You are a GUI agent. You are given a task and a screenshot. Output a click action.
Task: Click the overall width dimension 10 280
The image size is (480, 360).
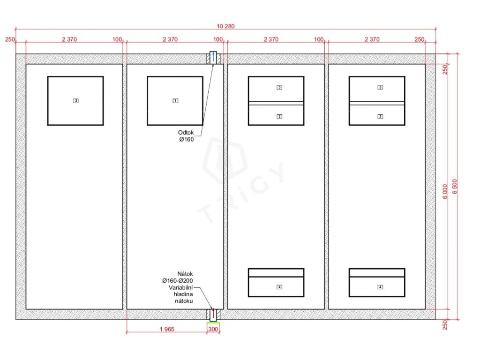(225, 26)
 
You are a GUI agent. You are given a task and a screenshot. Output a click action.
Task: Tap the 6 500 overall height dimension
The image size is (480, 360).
(455, 187)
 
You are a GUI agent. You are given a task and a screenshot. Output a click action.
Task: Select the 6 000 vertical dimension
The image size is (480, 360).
(445, 191)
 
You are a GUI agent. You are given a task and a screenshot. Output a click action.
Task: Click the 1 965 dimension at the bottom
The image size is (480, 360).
(167, 330)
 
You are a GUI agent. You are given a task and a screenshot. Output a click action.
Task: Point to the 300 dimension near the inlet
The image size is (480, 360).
(213, 330)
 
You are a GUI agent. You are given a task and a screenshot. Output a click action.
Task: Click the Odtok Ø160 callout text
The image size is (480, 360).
(186, 136)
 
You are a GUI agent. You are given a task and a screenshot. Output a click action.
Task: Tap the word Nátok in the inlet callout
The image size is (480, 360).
(185, 274)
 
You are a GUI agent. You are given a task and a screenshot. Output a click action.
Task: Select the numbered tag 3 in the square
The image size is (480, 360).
(76, 101)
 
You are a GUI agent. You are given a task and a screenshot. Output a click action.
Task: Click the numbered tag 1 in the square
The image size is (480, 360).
(175, 101)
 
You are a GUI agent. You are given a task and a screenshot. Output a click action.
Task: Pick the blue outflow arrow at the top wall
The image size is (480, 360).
(213, 57)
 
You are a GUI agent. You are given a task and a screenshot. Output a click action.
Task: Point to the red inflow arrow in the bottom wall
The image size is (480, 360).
(213, 314)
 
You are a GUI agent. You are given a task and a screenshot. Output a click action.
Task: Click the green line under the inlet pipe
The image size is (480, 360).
(213, 322)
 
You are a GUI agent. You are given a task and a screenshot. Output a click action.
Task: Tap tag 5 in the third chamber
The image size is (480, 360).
(279, 88)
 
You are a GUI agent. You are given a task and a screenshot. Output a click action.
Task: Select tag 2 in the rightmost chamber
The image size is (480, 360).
(380, 117)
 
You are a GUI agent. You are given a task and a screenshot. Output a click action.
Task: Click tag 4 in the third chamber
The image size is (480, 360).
(279, 287)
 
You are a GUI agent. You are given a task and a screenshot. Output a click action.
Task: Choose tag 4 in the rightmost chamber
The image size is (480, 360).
(380, 287)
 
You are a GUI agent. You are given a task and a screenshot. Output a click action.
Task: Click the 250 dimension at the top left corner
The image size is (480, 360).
(10, 39)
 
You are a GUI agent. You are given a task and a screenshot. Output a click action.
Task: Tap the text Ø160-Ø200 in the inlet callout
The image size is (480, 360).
(178, 281)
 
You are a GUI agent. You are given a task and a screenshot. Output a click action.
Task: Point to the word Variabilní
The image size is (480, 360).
(180, 288)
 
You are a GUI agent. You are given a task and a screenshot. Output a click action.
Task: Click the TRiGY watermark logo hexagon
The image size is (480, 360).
(225, 160)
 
